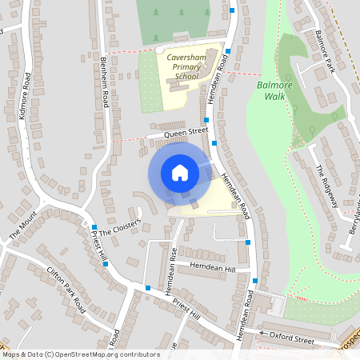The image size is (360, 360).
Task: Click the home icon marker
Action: tap(180, 173)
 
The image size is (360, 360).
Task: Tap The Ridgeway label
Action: tap(326, 184)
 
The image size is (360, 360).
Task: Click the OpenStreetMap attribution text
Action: tap(80, 354)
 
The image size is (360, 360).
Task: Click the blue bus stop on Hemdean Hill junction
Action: tap(254, 282)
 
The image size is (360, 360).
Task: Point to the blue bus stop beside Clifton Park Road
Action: tap(106, 263)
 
